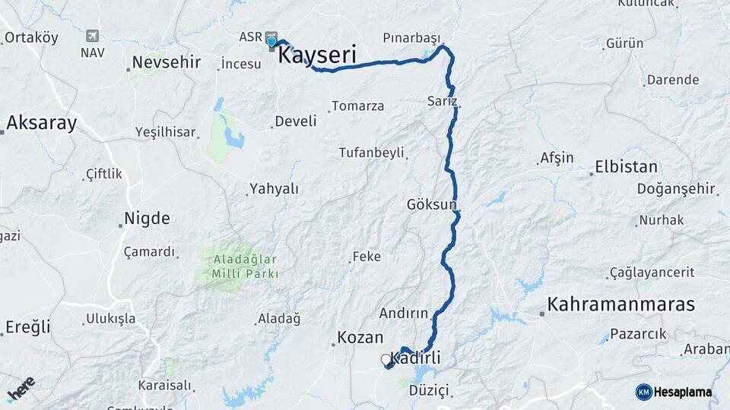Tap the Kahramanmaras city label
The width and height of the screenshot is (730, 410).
(620, 304)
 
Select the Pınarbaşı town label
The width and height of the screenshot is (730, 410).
(411, 37)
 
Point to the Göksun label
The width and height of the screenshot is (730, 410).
(431, 204)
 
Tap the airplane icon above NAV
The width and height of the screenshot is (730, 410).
(93, 36)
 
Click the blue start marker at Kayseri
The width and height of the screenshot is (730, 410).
(271, 41)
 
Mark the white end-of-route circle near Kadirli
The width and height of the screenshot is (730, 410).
(386, 359)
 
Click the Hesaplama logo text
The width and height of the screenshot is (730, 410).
(682, 392)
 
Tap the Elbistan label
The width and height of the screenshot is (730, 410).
(626, 166)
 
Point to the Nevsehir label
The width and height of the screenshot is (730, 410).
(164, 62)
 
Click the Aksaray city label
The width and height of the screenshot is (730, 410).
(41, 123)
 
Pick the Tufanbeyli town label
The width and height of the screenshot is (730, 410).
(371, 153)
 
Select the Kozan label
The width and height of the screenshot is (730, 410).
(360, 338)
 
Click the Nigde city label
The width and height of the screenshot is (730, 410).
(148, 219)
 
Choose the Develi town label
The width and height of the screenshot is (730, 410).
(295, 121)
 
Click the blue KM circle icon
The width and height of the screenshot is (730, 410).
(643, 392)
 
